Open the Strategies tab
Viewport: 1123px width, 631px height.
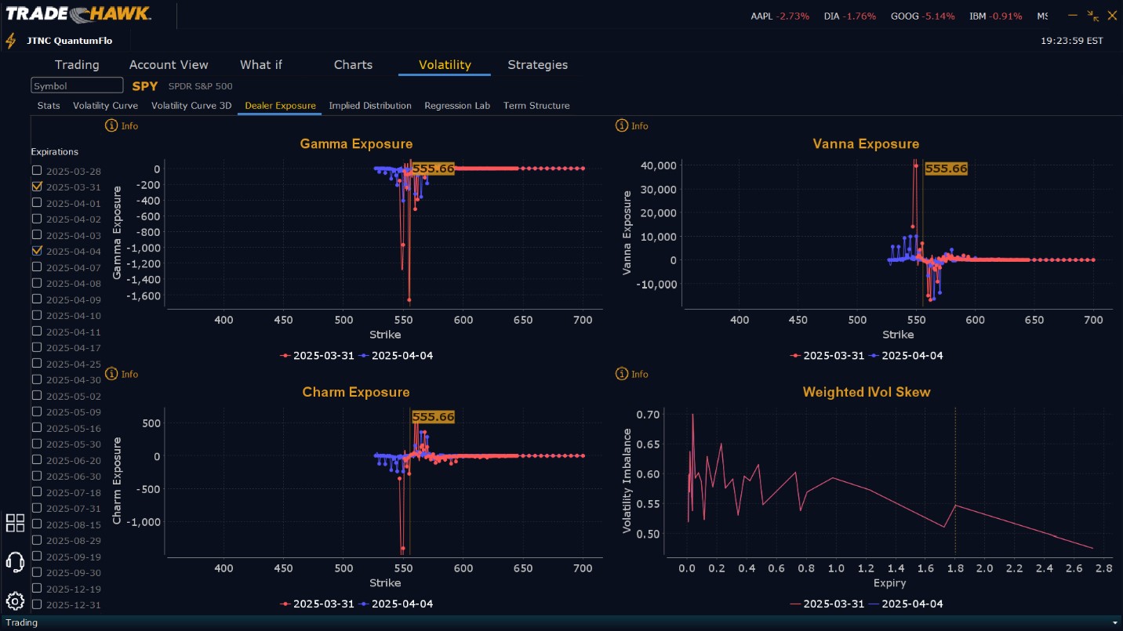click(x=537, y=65)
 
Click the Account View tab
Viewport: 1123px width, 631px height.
click(x=169, y=65)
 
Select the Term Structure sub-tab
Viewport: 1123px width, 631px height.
click(x=536, y=106)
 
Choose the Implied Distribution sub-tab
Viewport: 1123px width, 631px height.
click(x=370, y=106)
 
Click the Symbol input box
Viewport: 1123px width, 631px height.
click(x=77, y=85)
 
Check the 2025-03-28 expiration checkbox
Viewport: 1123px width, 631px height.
click(x=37, y=171)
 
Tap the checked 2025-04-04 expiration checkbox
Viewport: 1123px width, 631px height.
click(x=37, y=251)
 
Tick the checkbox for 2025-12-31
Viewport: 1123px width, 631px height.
click(x=37, y=604)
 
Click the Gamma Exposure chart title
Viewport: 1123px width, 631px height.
click(x=356, y=144)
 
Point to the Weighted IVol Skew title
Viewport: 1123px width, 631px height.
click(x=867, y=393)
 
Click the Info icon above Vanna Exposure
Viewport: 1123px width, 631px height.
click(x=622, y=126)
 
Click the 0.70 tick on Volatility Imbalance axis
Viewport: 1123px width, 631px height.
click(x=648, y=414)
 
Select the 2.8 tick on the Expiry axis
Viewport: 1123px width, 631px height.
click(x=1103, y=568)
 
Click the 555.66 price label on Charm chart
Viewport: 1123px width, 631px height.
click(x=433, y=417)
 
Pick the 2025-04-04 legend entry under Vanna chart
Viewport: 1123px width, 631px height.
click(x=906, y=356)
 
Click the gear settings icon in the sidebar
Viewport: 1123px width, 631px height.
click(x=15, y=601)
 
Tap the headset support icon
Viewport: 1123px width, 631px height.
click(x=15, y=561)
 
